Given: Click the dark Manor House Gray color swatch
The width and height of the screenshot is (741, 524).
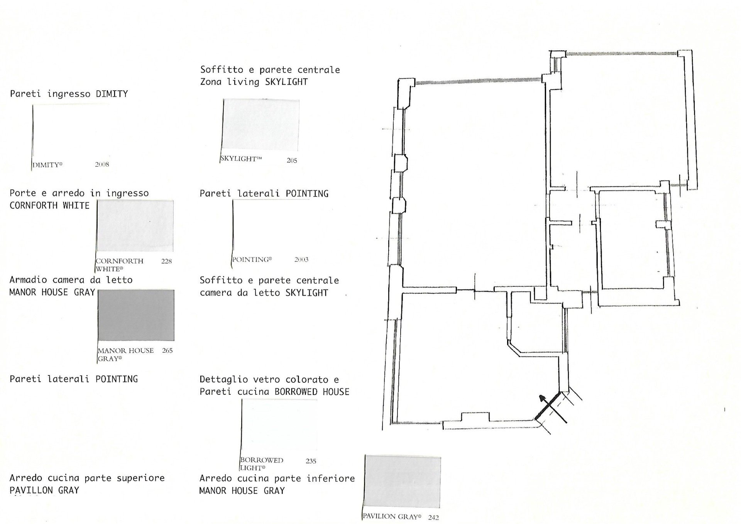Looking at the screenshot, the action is [136, 315].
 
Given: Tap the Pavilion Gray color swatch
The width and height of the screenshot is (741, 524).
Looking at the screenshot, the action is [403, 482].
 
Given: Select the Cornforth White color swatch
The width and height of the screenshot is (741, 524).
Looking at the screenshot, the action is [135, 226].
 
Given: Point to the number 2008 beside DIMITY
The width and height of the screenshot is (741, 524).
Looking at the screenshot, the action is [102, 164].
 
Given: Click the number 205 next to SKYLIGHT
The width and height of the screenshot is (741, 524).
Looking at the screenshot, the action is [292, 160].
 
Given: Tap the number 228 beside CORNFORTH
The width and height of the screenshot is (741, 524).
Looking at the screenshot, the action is [166, 261].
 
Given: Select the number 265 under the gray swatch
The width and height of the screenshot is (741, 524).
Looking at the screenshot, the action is [167, 350].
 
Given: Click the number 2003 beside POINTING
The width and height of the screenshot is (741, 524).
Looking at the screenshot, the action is [301, 259].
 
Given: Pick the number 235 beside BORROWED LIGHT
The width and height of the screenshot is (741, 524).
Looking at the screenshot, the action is [311, 461].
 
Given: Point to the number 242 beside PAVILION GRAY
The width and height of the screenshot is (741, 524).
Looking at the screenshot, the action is [433, 517].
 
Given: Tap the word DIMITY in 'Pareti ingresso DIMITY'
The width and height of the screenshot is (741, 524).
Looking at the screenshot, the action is [112, 94].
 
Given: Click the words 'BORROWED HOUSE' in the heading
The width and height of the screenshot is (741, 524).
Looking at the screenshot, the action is [312, 392].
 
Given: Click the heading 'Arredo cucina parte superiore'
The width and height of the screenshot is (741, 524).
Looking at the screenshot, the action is [87, 478].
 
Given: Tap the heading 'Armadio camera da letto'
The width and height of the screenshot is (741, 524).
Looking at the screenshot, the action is [71, 280].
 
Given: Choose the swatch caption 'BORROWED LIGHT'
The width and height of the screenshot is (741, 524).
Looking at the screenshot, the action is [262, 464].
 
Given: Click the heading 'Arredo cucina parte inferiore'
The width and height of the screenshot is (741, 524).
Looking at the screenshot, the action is [277, 478].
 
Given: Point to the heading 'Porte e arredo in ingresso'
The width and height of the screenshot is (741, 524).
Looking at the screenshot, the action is [79, 193].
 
